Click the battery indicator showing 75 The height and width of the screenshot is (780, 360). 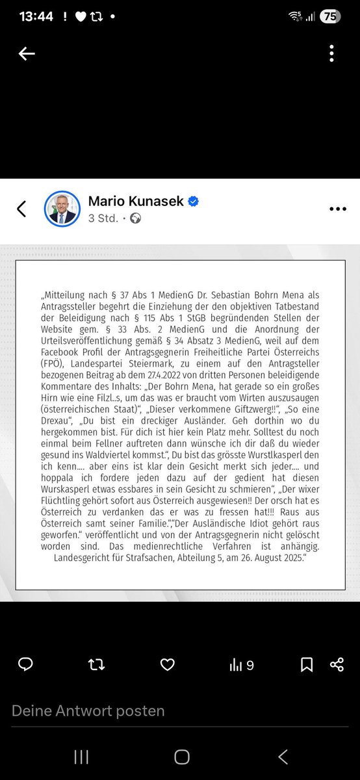(329, 17)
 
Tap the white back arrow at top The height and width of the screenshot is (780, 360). (27, 54)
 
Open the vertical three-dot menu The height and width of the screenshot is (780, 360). (331, 54)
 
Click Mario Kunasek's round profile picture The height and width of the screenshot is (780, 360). (62, 209)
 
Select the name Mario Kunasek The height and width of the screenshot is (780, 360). (136, 201)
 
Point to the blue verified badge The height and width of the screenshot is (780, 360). (193, 201)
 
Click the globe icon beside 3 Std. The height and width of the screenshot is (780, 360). (135, 218)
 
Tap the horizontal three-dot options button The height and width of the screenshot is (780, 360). (338, 209)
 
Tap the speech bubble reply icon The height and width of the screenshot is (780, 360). (25, 664)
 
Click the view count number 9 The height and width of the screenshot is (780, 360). (250, 665)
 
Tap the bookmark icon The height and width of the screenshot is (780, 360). (307, 664)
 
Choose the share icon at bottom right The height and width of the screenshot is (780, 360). (337, 664)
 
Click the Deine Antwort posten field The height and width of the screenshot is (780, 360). (88, 711)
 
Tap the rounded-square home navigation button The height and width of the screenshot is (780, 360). (182, 757)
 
